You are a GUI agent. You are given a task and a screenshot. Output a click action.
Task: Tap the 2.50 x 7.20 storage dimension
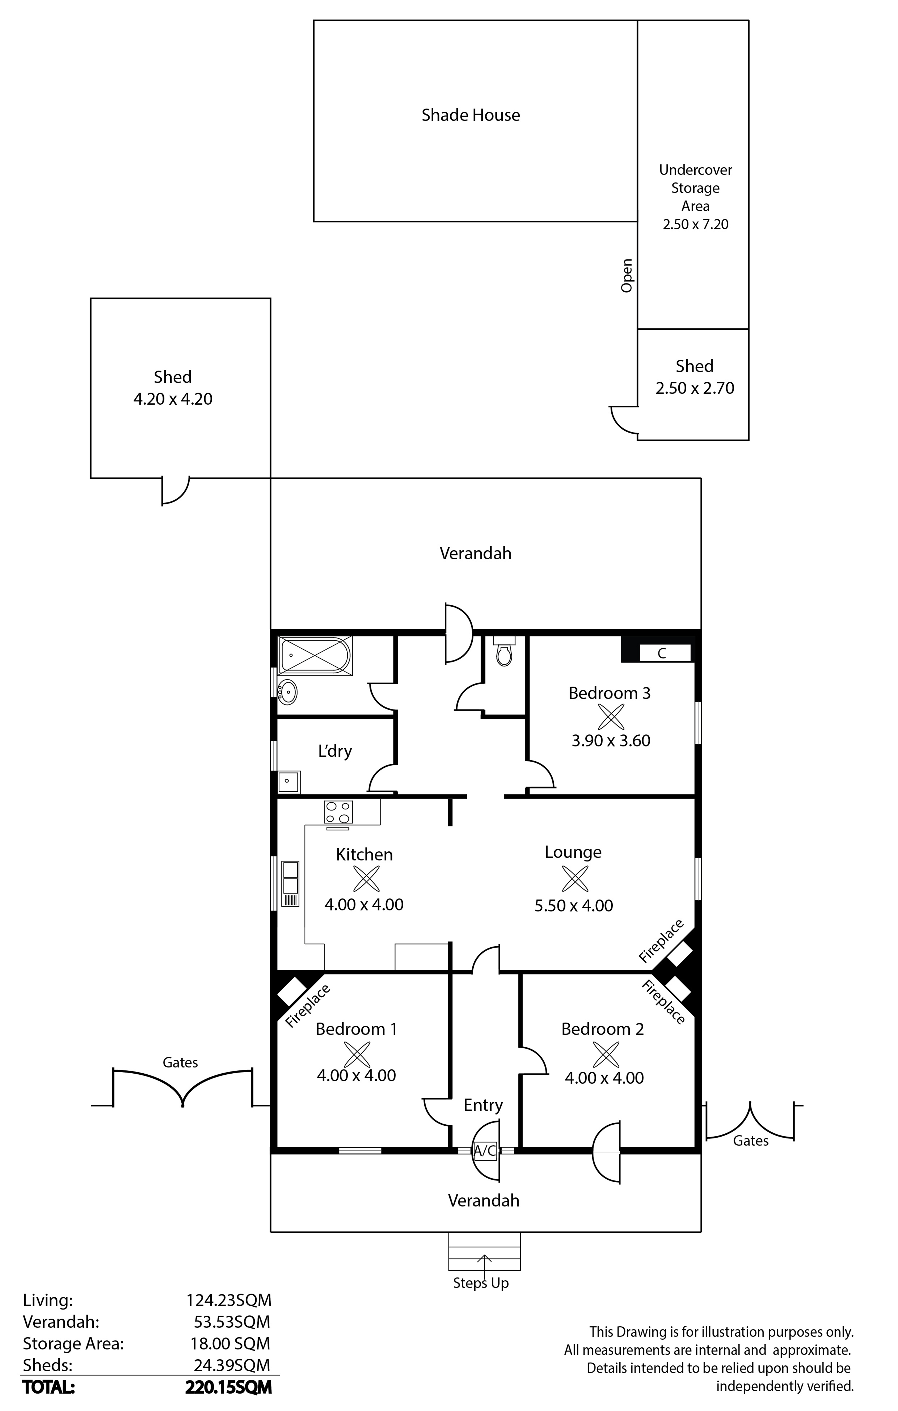tap(695, 225)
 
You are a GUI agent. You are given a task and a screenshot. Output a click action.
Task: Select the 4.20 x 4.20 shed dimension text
tap(173, 399)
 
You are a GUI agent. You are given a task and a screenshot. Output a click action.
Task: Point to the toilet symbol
tap(504, 651)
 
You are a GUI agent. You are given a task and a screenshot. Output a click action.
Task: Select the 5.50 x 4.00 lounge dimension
tap(573, 906)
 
